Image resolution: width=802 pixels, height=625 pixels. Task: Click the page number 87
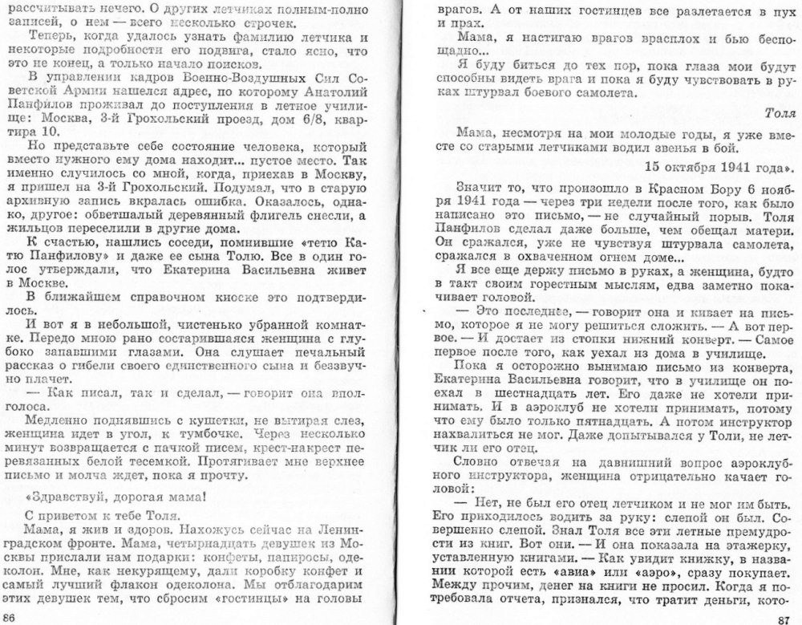pos(776,615)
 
